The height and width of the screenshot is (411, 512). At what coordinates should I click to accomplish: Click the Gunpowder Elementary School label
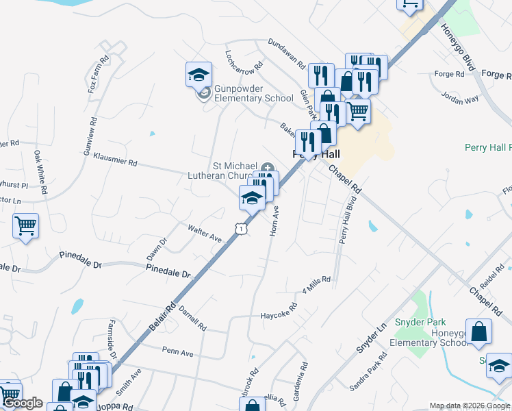coord(254,93)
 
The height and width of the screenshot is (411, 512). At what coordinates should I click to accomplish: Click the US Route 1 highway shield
coord(240,229)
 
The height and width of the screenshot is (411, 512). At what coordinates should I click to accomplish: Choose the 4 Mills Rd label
coord(316,284)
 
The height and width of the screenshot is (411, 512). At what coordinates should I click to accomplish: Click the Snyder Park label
coord(420,322)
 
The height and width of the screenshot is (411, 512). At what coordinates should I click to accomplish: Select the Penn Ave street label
coord(178,352)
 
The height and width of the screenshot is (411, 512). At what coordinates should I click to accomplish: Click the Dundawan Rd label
coord(286,54)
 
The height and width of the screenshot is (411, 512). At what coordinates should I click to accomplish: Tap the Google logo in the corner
coord(23,403)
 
